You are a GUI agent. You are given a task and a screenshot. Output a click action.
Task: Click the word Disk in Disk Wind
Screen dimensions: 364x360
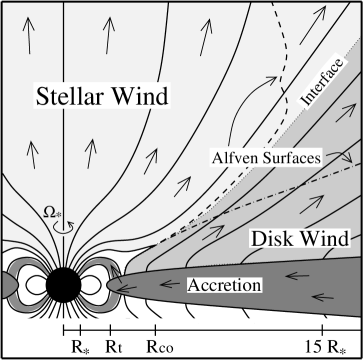269,239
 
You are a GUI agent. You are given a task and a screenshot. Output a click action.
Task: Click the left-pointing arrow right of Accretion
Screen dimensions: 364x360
290,286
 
